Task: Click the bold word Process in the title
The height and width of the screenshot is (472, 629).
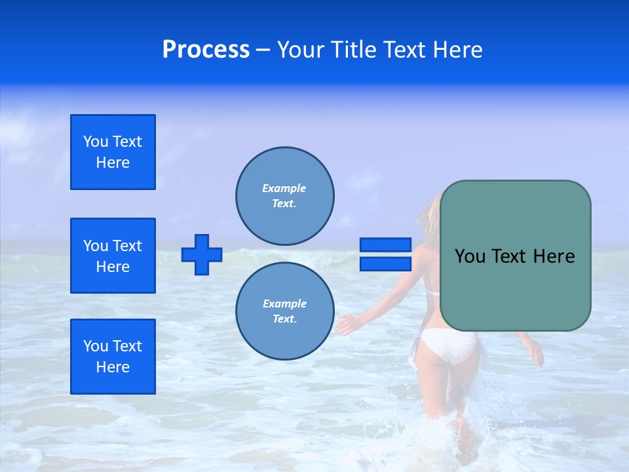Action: coord(206,50)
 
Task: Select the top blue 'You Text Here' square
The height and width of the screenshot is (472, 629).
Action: coord(113,152)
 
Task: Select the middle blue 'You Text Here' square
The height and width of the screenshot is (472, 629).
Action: coord(113,256)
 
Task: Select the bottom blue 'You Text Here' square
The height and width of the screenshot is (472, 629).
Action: coord(113,357)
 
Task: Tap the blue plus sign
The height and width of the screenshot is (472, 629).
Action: coord(202,254)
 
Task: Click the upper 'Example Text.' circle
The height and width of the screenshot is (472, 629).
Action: coord(285,195)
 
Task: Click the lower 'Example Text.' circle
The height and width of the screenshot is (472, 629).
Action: coord(285,311)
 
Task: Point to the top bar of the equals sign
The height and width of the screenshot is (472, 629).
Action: coord(385,245)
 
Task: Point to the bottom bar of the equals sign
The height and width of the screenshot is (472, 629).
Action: coord(385,264)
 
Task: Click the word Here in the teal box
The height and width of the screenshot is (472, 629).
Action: coord(554,256)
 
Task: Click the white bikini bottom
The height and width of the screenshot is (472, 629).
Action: coord(449,345)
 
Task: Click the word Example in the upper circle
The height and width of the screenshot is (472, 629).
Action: coord(284,188)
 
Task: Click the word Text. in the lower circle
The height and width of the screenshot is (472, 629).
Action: coord(284,319)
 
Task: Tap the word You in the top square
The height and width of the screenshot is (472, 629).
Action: coord(96,142)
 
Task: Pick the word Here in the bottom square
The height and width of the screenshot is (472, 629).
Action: coord(113,367)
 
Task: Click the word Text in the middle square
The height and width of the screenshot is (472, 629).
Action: coord(127,246)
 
